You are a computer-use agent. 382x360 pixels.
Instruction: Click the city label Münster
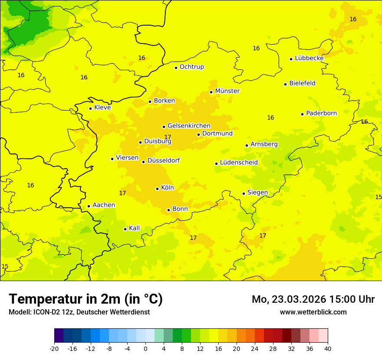[227, 91]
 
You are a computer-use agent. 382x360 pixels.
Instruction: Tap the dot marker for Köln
[157, 189]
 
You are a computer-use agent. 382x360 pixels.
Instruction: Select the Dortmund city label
[217, 134]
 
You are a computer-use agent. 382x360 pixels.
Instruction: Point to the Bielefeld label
[302, 83]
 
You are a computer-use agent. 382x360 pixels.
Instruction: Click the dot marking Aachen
[89, 206]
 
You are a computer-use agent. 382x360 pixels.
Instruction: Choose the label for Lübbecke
[309, 58]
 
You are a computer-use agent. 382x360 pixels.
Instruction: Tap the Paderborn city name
[321, 113]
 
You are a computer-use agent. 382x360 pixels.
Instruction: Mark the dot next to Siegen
[244, 193]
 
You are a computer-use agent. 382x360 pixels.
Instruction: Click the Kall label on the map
[134, 228]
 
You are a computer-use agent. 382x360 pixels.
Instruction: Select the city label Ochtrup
[191, 67]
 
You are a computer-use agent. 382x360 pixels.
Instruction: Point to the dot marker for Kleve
[90, 108]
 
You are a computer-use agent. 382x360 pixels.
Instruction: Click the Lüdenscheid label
[239, 163]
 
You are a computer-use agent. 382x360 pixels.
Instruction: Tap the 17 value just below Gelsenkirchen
[168, 137]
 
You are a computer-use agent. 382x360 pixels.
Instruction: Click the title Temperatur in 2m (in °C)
[86, 299]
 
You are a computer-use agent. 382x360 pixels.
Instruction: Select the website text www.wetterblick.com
[313, 312]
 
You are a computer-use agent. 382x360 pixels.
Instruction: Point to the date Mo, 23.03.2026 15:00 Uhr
[313, 299]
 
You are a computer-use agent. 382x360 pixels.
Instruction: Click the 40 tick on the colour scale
[327, 348]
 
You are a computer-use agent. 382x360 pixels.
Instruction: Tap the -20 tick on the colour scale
[54, 348]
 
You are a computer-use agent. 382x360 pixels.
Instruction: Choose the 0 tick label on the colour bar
[145, 348]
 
